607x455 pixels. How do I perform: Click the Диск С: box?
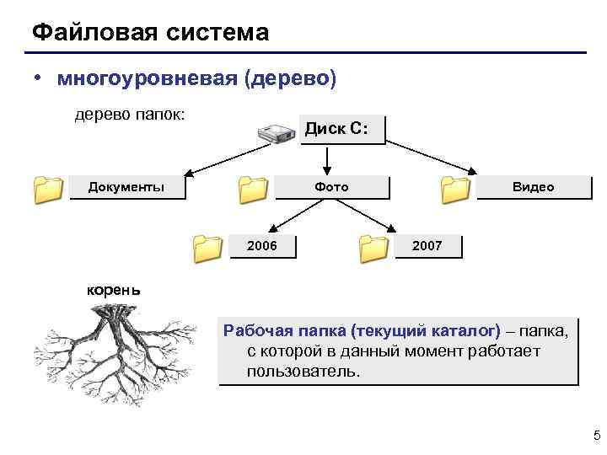click(x=341, y=130)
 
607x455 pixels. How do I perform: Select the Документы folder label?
click(x=126, y=186)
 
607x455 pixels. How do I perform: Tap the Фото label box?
click(x=331, y=186)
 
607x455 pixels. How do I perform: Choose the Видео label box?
click(x=534, y=186)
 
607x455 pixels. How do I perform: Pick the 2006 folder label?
click(x=261, y=245)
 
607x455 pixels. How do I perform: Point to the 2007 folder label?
click(x=427, y=245)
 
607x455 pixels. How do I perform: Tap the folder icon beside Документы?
click(x=48, y=190)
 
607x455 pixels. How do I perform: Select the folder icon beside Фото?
click(x=251, y=190)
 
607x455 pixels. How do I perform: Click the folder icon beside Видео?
click(x=455, y=190)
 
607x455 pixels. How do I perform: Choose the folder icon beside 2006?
click(x=206, y=246)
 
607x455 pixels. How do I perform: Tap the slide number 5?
click(x=596, y=435)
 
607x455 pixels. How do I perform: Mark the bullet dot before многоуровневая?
click(x=39, y=78)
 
